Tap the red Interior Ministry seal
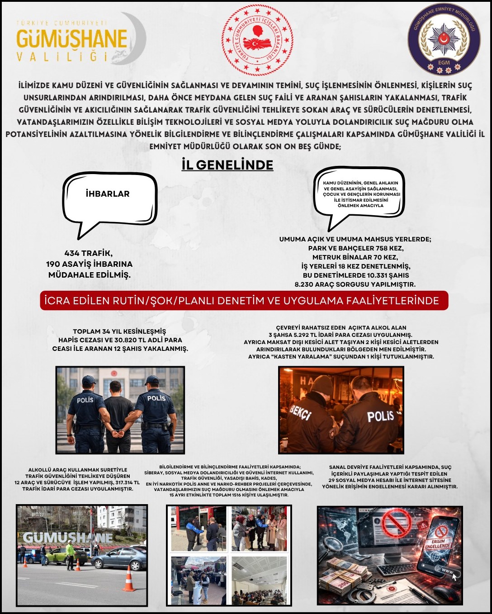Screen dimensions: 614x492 tap(257, 40)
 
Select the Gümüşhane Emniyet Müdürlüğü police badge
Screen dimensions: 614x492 tap(444, 41)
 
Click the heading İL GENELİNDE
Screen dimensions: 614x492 tap(227, 165)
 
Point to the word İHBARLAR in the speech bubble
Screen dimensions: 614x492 tap(108, 194)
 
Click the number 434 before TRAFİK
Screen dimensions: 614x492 tap(72, 253)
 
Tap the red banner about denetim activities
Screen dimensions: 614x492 tap(244, 301)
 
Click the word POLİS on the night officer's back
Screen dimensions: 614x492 tap(380, 416)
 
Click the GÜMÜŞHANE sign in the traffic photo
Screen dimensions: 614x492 tap(68, 538)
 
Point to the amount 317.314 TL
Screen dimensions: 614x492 tap(128, 482)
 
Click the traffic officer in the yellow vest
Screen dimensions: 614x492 tap(70, 554)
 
